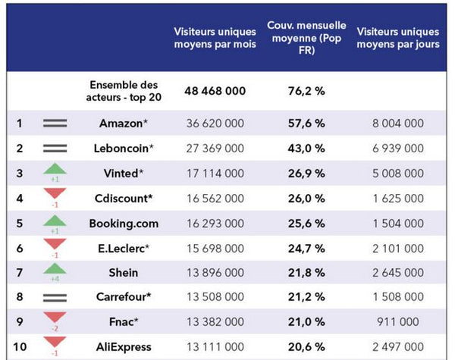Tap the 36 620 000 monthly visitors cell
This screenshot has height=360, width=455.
tap(215, 123)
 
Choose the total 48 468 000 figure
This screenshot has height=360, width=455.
tap(215, 91)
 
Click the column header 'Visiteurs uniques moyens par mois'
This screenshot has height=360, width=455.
tap(215, 38)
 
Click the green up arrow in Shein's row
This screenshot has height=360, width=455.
tap(55, 271)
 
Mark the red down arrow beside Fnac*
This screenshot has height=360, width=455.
tap(55, 320)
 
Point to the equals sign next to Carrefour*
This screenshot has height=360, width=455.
tap(55, 298)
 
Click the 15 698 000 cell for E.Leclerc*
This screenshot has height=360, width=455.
tap(215, 248)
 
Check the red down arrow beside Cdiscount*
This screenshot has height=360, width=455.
tap(55, 195)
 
